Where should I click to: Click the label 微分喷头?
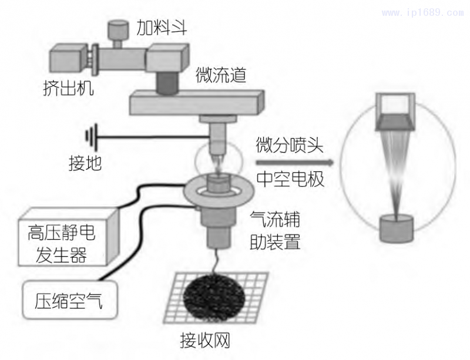coord(290,144)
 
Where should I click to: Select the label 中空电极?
coord(290,180)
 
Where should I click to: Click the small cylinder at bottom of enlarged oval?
coord(398,228)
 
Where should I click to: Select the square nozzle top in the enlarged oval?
coord(398,106)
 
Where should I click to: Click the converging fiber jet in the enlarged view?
coord(398,170)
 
